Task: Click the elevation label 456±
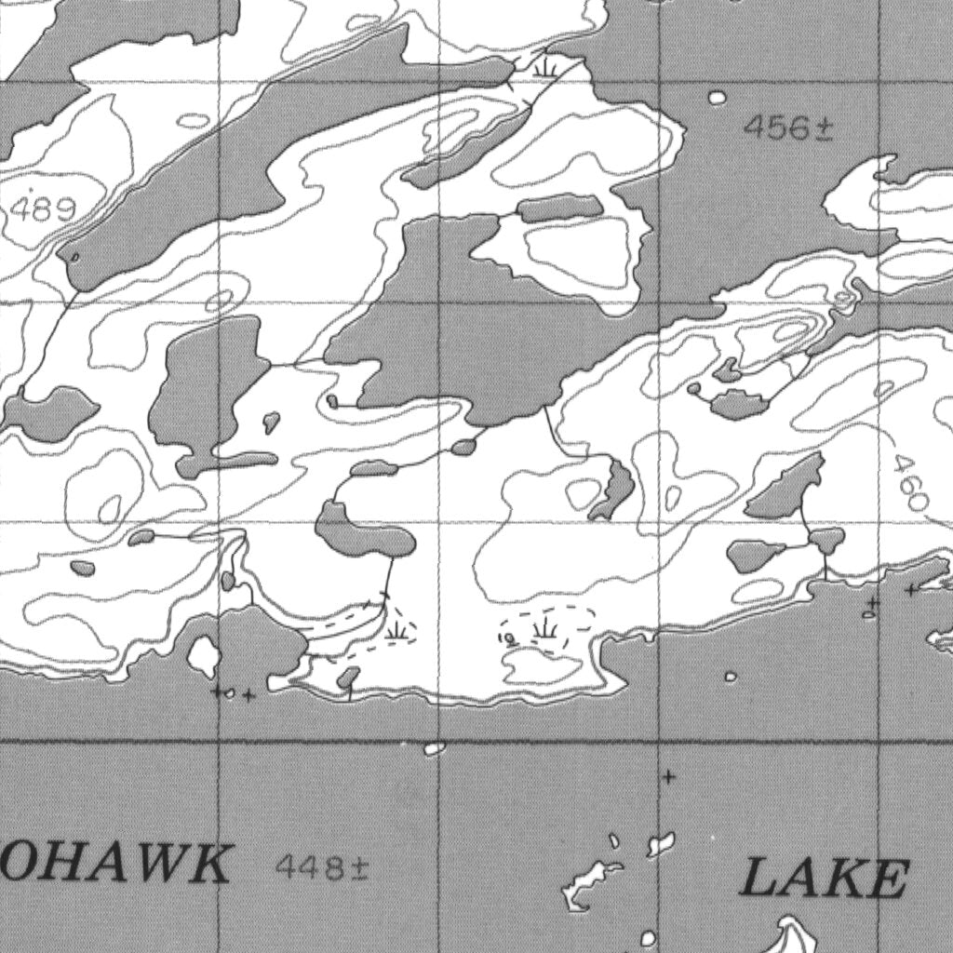click(787, 128)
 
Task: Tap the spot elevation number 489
click(43, 209)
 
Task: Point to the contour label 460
click(908, 483)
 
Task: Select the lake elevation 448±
click(322, 868)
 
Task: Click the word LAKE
click(825, 879)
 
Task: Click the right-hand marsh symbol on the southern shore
click(545, 630)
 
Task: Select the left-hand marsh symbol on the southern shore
click(398, 631)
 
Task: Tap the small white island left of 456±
click(717, 98)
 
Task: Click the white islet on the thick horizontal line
click(435, 747)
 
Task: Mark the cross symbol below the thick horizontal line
click(667, 777)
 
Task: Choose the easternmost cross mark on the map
click(911, 589)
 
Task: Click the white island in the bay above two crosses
click(204, 656)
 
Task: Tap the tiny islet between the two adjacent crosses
click(230, 693)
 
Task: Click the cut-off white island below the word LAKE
click(791, 935)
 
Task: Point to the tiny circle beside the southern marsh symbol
click(510, 638)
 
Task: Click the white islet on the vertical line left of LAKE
click(661, 844)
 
